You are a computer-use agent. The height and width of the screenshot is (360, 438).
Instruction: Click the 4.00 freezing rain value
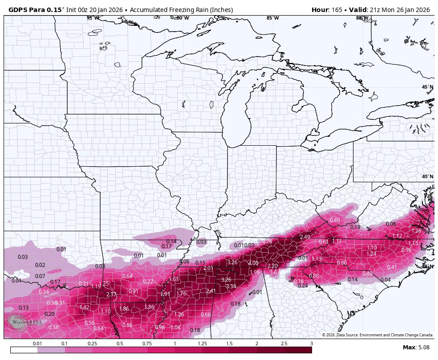pyautogui.click(x=253, y=263)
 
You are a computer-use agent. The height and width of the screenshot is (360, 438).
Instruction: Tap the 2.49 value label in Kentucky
pyautogui.click(x=305, y=237)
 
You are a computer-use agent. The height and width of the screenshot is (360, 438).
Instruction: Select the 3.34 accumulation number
pyautogui.click(x=231, y=286)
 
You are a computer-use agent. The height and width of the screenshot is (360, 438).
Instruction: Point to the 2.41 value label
pyautogui.click(x=211, y=291)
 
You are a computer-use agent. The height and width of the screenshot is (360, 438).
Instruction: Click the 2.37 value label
pyautogui.click(x=111, y=295)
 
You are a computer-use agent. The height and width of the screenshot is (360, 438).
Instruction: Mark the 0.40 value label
pyautogui.click(x=335, y=220)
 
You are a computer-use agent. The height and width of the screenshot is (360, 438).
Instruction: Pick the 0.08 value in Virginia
pyautogui.click(x=391, y=224)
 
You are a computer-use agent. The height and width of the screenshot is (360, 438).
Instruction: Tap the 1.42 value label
pyautogui.click(x=84, y=307)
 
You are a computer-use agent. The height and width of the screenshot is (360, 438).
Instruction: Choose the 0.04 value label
pyautogui.click(x=385, y=280)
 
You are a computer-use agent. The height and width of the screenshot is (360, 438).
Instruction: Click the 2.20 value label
pyautogui.click(x=272, y=266)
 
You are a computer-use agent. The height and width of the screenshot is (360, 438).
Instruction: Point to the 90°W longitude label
pyautogui.click(x=182, y=18)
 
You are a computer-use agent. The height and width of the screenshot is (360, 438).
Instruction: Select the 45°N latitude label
pyautogui.click(x=427, y=87)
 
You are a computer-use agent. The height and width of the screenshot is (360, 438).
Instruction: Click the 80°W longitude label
pyautogui.click(x=362, y=18)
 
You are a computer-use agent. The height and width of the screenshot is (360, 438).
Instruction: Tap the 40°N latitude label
pyautogui.click(x=427, y=176)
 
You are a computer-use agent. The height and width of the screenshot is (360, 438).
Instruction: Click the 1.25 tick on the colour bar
pyautogui.click(x=202, y=344)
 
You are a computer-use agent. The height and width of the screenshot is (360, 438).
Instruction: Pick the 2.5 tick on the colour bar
pyautogui.click(x=284, y=344)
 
